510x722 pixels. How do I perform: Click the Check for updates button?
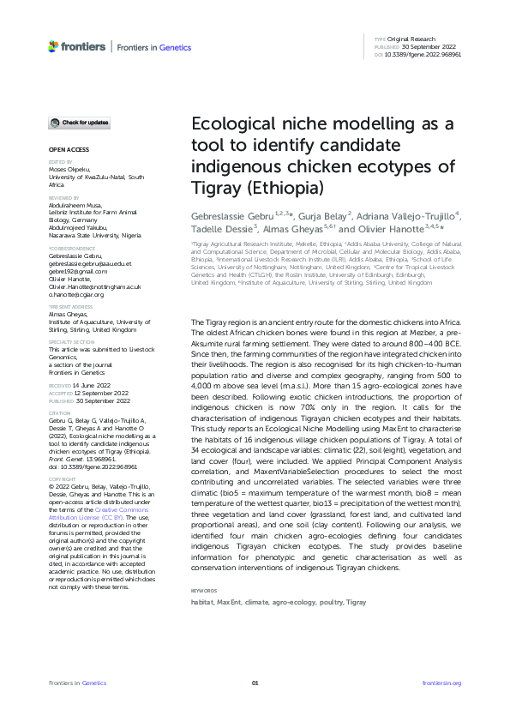(x=79, y=123)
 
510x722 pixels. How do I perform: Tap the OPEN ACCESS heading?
(x=63, y=149)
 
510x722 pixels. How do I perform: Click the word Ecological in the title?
(x=231, y=125)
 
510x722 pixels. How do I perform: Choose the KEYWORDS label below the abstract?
(x=204, y=591)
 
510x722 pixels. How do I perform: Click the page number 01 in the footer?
(x=255, y=683)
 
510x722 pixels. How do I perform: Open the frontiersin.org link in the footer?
(x=442, y=683)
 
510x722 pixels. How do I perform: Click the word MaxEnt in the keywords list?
(x=228, y=603)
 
